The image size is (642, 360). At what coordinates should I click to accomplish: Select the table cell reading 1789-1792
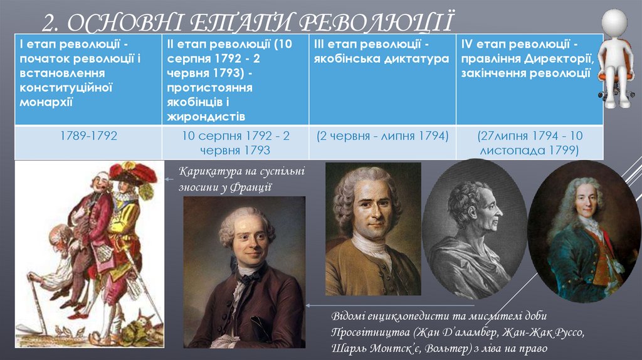pyautogui.click(x=88, y=135)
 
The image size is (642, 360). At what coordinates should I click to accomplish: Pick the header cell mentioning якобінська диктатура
pyautogui.click(x=382, y=52)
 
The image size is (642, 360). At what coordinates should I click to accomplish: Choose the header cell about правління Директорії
pyautogui.click(x=529, y=58)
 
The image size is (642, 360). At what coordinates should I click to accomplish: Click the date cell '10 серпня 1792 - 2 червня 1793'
pyautogui.click(x=236, y=143)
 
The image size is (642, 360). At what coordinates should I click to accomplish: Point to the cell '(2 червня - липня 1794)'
pyautogui.click(x=382, y=135)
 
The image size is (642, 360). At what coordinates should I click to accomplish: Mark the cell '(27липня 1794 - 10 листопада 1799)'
pyautogui.click(x=529, y=143)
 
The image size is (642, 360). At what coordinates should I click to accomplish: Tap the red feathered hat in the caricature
pyautogui.click(x=133, y=172)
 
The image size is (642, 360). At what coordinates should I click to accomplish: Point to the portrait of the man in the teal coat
pyautogui.click(x=584, y=232)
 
